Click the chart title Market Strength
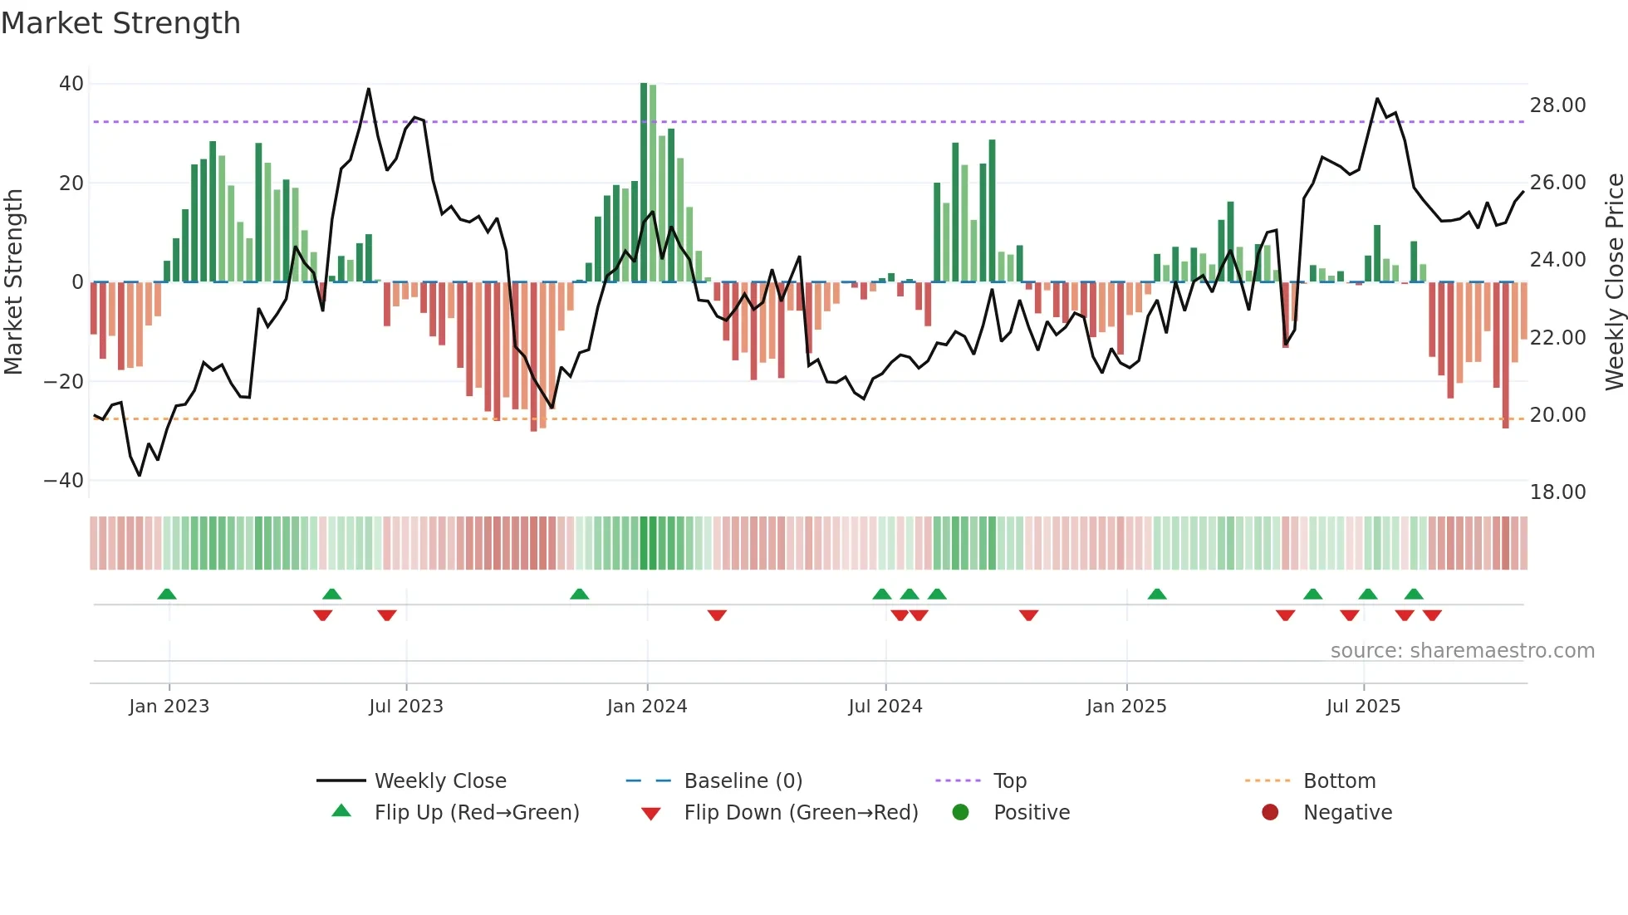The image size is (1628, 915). [120, 23]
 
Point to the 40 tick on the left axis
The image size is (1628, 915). [71, 84]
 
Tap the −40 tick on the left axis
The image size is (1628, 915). [64, 481]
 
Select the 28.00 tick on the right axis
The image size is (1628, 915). [1557, 105]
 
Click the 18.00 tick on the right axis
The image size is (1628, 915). [1557, 492]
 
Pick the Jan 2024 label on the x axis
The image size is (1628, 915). [646, 707]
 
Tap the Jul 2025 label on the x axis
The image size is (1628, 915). [1362, 707]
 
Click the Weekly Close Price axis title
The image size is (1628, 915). [1614, 282]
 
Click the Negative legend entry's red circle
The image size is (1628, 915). [1269, 813]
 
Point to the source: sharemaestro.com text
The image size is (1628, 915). [1462, 651]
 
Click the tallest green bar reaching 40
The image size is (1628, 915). [644, 183]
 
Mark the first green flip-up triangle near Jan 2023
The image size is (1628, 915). [167, 595]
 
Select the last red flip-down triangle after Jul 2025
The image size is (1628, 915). [1432, 615]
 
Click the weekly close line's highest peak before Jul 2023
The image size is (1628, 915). [369, 89]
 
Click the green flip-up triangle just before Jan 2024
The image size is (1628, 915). [580, 595]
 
